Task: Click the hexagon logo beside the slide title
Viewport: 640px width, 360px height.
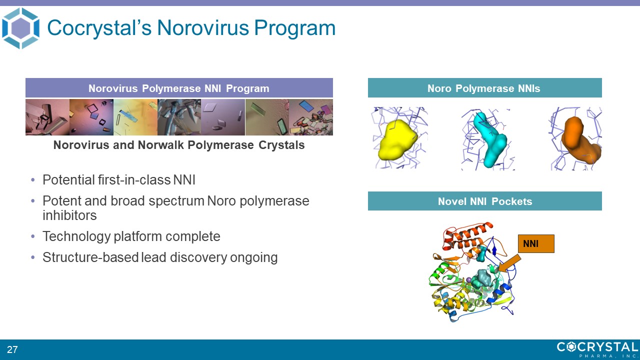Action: pos(20,28)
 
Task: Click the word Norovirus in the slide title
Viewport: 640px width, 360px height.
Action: pos(203,28)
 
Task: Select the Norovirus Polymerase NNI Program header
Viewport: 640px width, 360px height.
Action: pos(179,88)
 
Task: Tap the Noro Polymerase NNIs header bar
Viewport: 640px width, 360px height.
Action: pos(484,88)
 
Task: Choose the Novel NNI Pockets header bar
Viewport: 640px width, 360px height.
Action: pos(484,201)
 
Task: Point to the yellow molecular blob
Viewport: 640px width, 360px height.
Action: pos(397,140)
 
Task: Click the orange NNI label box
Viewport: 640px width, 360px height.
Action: pos(536,243)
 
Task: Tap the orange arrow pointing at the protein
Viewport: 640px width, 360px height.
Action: pos(510,263)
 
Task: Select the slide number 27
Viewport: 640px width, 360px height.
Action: pos(12,349)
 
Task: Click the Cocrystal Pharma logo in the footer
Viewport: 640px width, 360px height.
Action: pos(597,349)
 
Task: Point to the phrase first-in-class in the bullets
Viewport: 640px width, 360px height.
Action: pos(134,180)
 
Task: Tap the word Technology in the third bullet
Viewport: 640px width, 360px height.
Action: pos(76,236)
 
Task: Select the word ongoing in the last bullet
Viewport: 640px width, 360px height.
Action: pos(253,257)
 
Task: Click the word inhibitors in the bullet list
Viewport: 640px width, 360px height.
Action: pos(69,215)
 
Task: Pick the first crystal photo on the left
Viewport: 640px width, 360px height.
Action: pos(47,117)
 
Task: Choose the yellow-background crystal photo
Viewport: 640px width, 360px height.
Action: pos(135,117)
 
